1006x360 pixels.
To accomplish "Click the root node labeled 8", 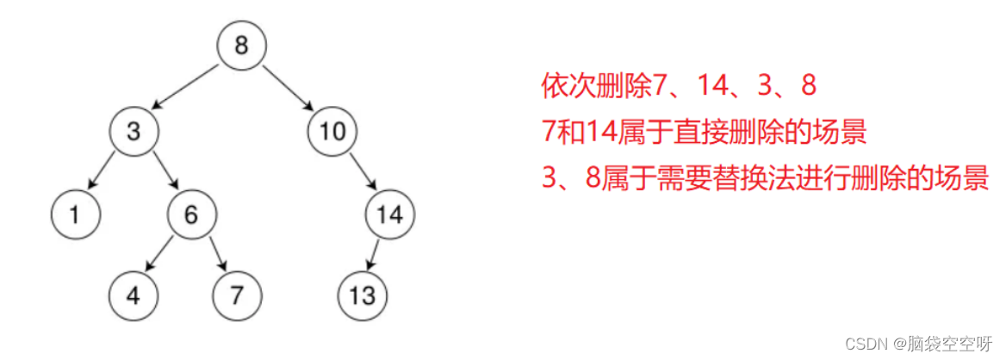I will coord(241,46).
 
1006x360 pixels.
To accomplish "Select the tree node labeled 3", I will coord(134,131).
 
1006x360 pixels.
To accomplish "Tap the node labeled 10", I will coord(332,131).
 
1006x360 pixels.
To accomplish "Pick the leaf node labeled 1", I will coord(75,214).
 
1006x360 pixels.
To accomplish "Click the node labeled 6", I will coord(191,214).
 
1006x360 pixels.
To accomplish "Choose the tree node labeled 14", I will coord(390,214).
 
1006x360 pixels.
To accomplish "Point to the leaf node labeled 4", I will coord(134,295).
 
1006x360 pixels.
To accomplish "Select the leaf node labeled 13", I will coord(363,295).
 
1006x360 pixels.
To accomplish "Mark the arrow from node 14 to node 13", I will coord(376,255).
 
